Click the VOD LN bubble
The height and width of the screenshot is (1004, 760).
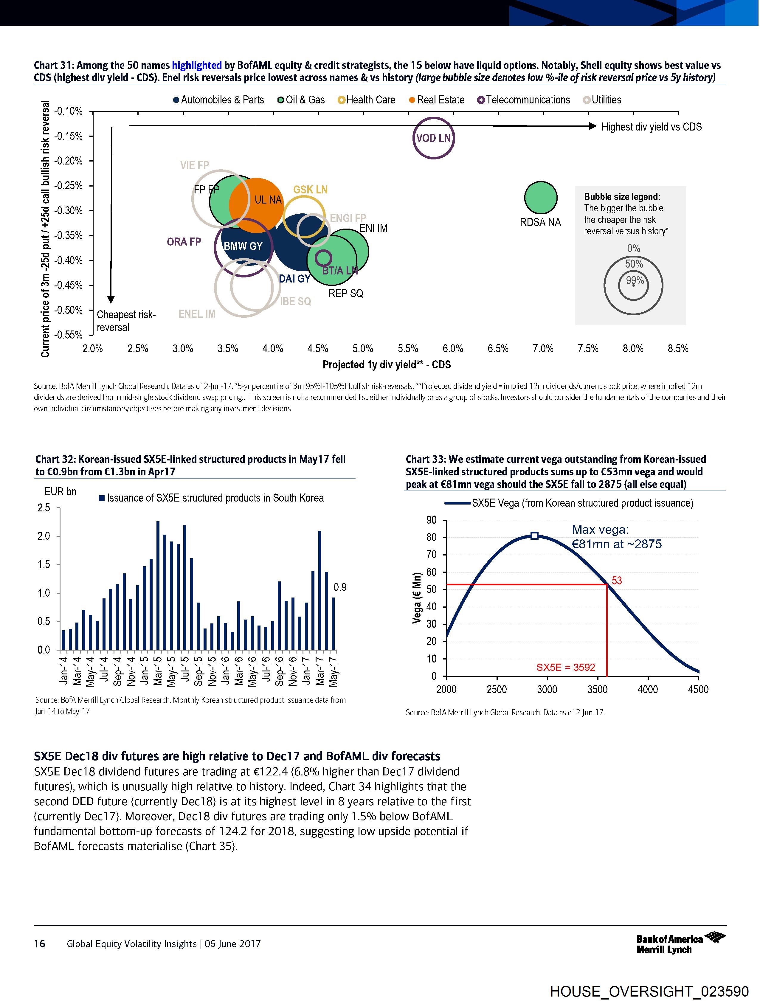pos(434,138)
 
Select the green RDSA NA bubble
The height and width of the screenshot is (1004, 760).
pos(540,198)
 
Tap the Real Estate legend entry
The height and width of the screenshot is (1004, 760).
pos(437,100)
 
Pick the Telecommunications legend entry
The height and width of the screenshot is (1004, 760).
pos(524,100)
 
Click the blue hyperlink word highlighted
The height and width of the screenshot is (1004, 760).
pos(197,65)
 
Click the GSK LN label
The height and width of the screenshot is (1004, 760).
pos(310,190)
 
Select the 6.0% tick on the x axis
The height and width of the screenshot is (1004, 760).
pos(453,349)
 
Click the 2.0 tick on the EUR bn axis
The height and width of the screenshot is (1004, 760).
pos(44,536)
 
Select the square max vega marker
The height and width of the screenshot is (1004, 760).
pos(534,536)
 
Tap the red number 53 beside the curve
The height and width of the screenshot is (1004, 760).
pos(617,581)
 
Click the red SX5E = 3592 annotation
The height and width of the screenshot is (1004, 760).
pos(566,667)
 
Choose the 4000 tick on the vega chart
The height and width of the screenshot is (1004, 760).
pos(647,690)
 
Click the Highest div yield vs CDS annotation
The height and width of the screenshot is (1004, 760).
pos(651,127)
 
